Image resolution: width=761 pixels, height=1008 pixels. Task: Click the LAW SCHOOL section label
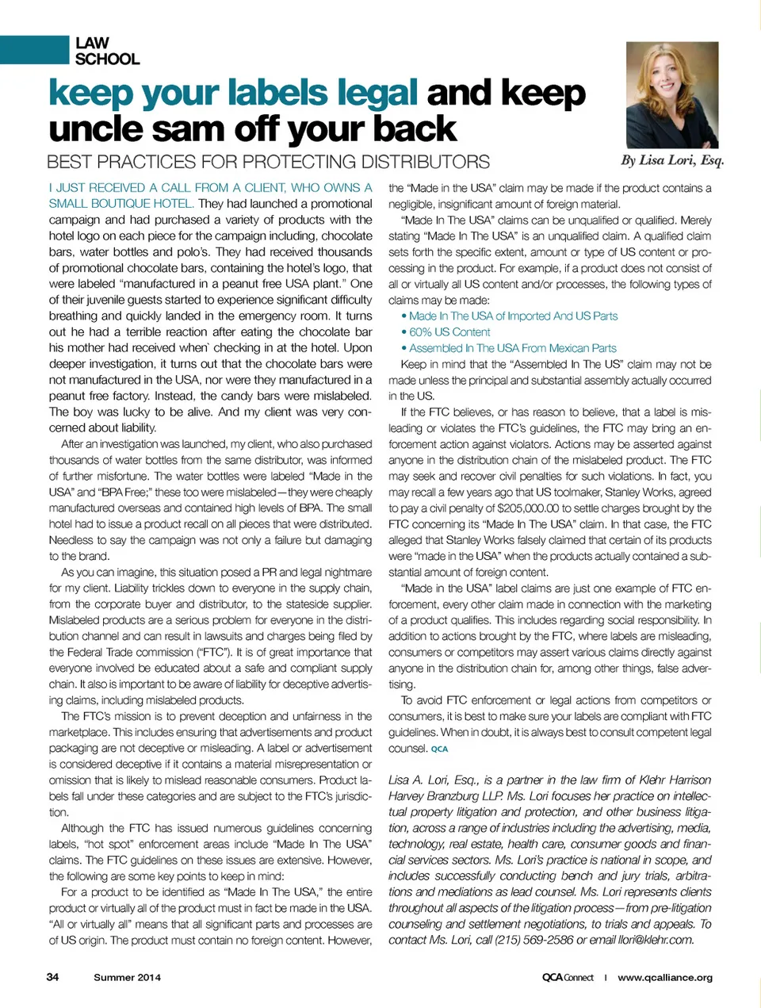pyautogui.click(x=107, y=51)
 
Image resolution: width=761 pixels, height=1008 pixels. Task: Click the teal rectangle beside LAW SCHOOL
pyautogui.click(x=34, y=50)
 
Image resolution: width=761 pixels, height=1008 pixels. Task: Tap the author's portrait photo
pyautogui.click(x=672, y=94)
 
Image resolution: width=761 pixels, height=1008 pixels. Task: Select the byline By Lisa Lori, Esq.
pyautogui.click(x=672, y=160)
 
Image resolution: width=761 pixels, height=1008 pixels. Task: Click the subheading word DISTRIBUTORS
pyautogui.click(x=425, y=163)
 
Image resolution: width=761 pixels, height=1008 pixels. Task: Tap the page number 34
pyautogui.click(x=52, y=977)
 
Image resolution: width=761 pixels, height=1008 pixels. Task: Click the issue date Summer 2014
pyautogui.click(x=127, y=977)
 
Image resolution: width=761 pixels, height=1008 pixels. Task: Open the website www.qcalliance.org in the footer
pyautogui.click(x=664, y=977)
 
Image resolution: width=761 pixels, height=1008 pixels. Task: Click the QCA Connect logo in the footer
pyautogui.click(x=568, y=977)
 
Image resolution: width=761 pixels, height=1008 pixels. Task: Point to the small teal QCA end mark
pyautogui.click(x=439, y=749)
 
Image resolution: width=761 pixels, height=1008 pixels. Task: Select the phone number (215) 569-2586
pyautogui.click(x=535, y=940)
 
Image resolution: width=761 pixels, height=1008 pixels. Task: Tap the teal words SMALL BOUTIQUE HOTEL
pyautogui.click(x=120, y=204)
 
